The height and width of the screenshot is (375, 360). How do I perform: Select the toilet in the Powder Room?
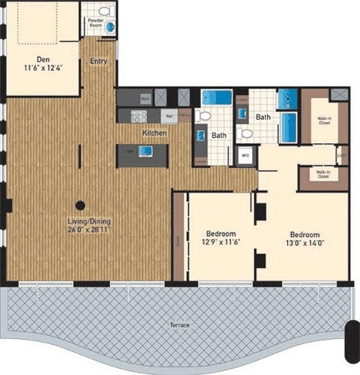click(104, 11)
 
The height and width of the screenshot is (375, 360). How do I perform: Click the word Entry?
click(98, 61)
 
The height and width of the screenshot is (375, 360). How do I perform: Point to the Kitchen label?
click(154, 133)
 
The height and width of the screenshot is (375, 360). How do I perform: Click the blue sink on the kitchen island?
click(145, 151)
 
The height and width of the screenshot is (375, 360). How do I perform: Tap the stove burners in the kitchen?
click(139, 116)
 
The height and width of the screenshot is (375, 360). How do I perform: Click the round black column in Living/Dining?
click(79, 205)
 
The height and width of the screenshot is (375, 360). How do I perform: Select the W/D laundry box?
click(244, 157)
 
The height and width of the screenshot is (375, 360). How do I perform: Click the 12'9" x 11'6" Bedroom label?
click(221, 238)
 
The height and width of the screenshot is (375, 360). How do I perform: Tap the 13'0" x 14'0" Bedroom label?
click(305, 238)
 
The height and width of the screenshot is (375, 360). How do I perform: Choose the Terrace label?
click(178, 325)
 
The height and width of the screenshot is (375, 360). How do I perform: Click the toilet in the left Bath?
click(203, 116)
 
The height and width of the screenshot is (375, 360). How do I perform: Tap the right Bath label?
click(262, 117)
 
